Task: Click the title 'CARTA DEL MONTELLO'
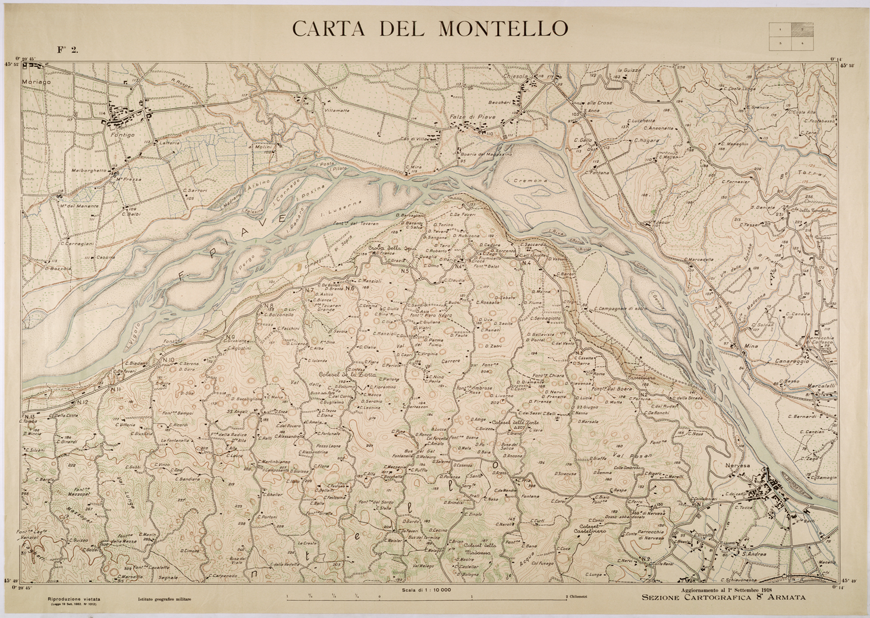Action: (x=429, y=28)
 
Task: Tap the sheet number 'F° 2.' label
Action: (x=67, y=50)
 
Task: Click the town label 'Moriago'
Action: (x=36, y=81)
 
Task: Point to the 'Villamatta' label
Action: (x=337, y=110)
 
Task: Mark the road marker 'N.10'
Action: (x=167, y=360)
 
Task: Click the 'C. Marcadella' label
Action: (x=699, y=259)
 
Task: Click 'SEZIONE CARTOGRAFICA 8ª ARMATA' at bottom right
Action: (x=724, y=598)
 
